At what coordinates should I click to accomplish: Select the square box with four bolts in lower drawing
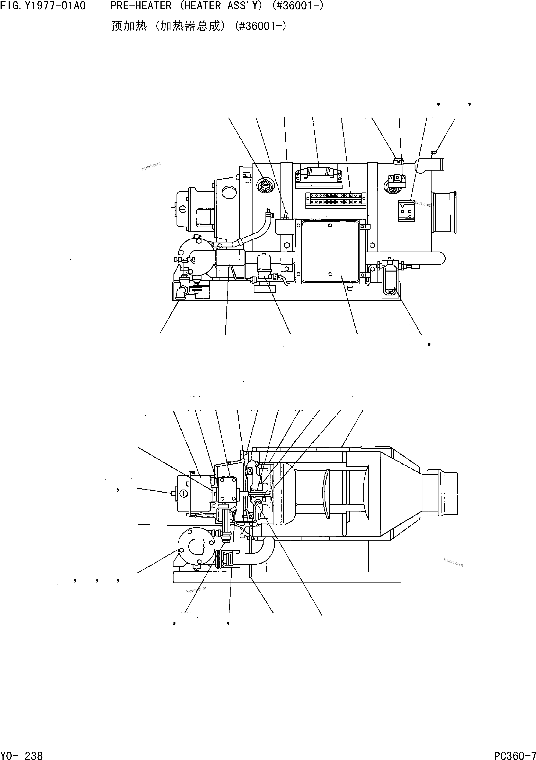(227, 489)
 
